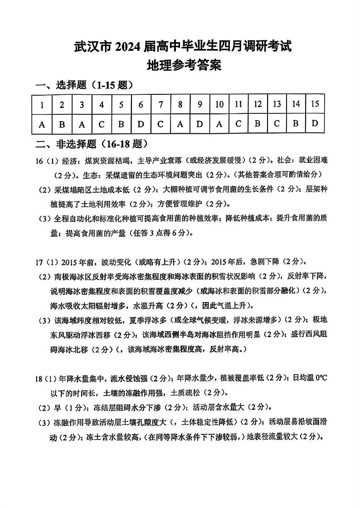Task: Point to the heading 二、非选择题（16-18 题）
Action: point(92,144)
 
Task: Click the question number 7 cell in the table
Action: point(161,105)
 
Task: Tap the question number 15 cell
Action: point(315,104)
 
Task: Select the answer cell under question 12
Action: point(258,124)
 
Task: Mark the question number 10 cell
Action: point(219,105)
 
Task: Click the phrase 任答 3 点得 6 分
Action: point(167,233)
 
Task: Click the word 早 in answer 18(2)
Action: point(57,407)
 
